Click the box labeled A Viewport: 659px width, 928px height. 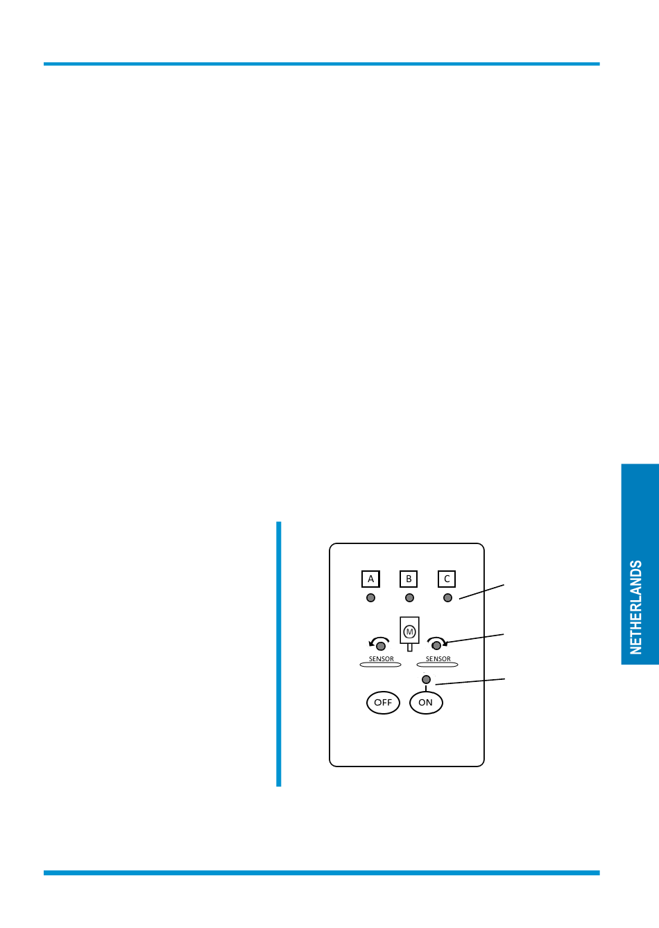(x=370, y=579)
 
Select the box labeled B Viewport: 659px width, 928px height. (x=409, y=579)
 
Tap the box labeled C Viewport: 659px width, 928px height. (x=447, y=579)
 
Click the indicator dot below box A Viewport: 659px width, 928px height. (x=370, y=598)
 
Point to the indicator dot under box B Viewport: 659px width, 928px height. (x=409, y=598)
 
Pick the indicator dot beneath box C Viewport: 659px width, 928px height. (x=447, y=598)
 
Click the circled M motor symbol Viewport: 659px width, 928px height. (x=409, y=631)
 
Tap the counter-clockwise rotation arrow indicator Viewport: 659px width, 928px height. (x=379, y=644)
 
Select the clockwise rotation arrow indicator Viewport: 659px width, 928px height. (x=437, y=644)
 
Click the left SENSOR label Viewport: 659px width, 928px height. (x=381, y=659)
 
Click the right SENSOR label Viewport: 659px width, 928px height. (x=438, y=659)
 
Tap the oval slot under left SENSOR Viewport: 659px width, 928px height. (x=380, y=665)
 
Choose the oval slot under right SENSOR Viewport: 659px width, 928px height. (x=437, y=665)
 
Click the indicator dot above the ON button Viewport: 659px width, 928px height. (x=426, y=679)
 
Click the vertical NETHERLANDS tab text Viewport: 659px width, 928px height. (x=636, y=607)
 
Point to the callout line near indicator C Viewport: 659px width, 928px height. (x=481, y=591)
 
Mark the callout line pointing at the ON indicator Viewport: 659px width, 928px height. (x=470, y=682)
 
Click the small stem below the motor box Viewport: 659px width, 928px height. (x=409, y=647)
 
